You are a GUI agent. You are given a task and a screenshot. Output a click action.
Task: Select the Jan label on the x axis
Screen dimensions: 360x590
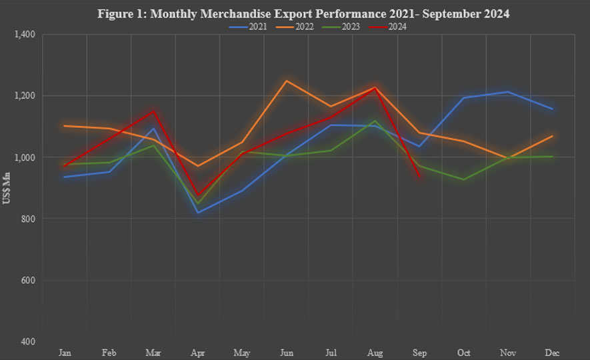(x=65, y=352)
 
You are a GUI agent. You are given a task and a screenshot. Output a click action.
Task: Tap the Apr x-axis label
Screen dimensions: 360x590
(x=198, y=352)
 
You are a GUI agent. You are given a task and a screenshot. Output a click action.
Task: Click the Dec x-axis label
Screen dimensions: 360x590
(x=551, y=352)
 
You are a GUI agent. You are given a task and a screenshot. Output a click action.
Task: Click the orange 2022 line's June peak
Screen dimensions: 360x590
(x=287, y=81)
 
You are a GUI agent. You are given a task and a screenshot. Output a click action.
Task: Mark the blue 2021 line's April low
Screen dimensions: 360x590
(x=198, y=213)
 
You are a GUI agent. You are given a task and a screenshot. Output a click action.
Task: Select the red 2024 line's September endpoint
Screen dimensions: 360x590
(x=419, y=177)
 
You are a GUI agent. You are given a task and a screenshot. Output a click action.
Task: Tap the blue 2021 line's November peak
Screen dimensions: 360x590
(x=507, y=92)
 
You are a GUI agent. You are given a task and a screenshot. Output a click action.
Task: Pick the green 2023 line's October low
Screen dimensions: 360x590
(x=463, y=179)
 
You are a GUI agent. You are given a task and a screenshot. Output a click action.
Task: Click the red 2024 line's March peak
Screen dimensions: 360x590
(x=154, y=111)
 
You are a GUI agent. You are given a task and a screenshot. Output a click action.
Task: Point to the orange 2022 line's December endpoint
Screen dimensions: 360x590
(x=551, y=136)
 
